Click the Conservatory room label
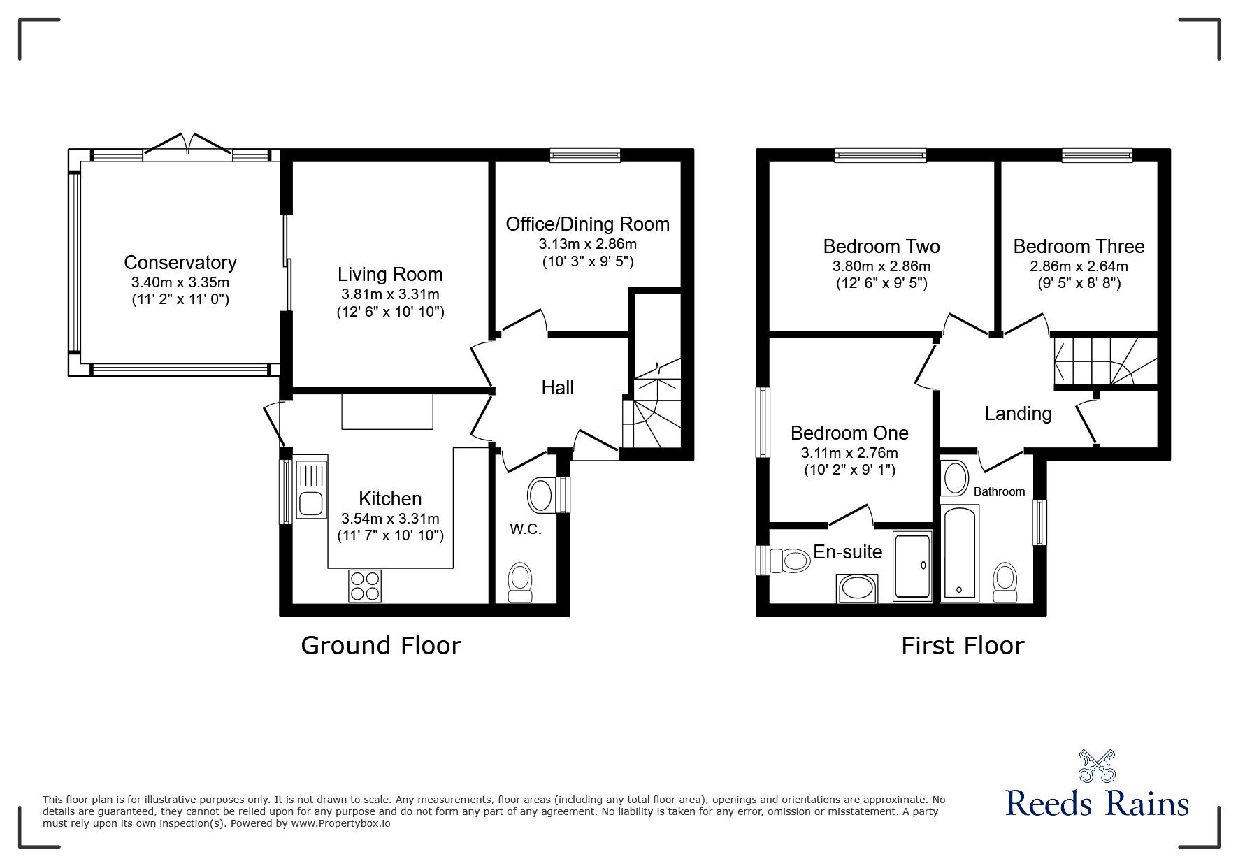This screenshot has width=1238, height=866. pos(180,262)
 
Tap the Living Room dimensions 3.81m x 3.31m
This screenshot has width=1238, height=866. pos(390,294)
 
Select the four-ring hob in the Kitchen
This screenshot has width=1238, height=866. pos(366,586)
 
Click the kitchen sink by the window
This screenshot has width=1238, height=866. pos(311,487)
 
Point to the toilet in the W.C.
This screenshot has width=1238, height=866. pos(519,583)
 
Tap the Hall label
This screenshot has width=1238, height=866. pos(557,387)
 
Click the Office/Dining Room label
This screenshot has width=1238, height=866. pos(587,224)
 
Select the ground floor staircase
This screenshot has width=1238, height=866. pos(656,412)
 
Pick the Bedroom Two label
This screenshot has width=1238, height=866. pos(881,246)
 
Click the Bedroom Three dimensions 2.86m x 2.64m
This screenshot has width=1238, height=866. pos(1078,266)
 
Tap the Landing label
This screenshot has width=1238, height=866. pos(1018,413)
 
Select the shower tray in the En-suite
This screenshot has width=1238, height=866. pos(912,566)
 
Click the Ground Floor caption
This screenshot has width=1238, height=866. pos(380,645)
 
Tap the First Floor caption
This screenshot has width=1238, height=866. pos(962,645)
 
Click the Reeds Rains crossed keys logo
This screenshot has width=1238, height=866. pos(1097,765)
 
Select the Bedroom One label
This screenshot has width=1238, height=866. pos(849,433)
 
